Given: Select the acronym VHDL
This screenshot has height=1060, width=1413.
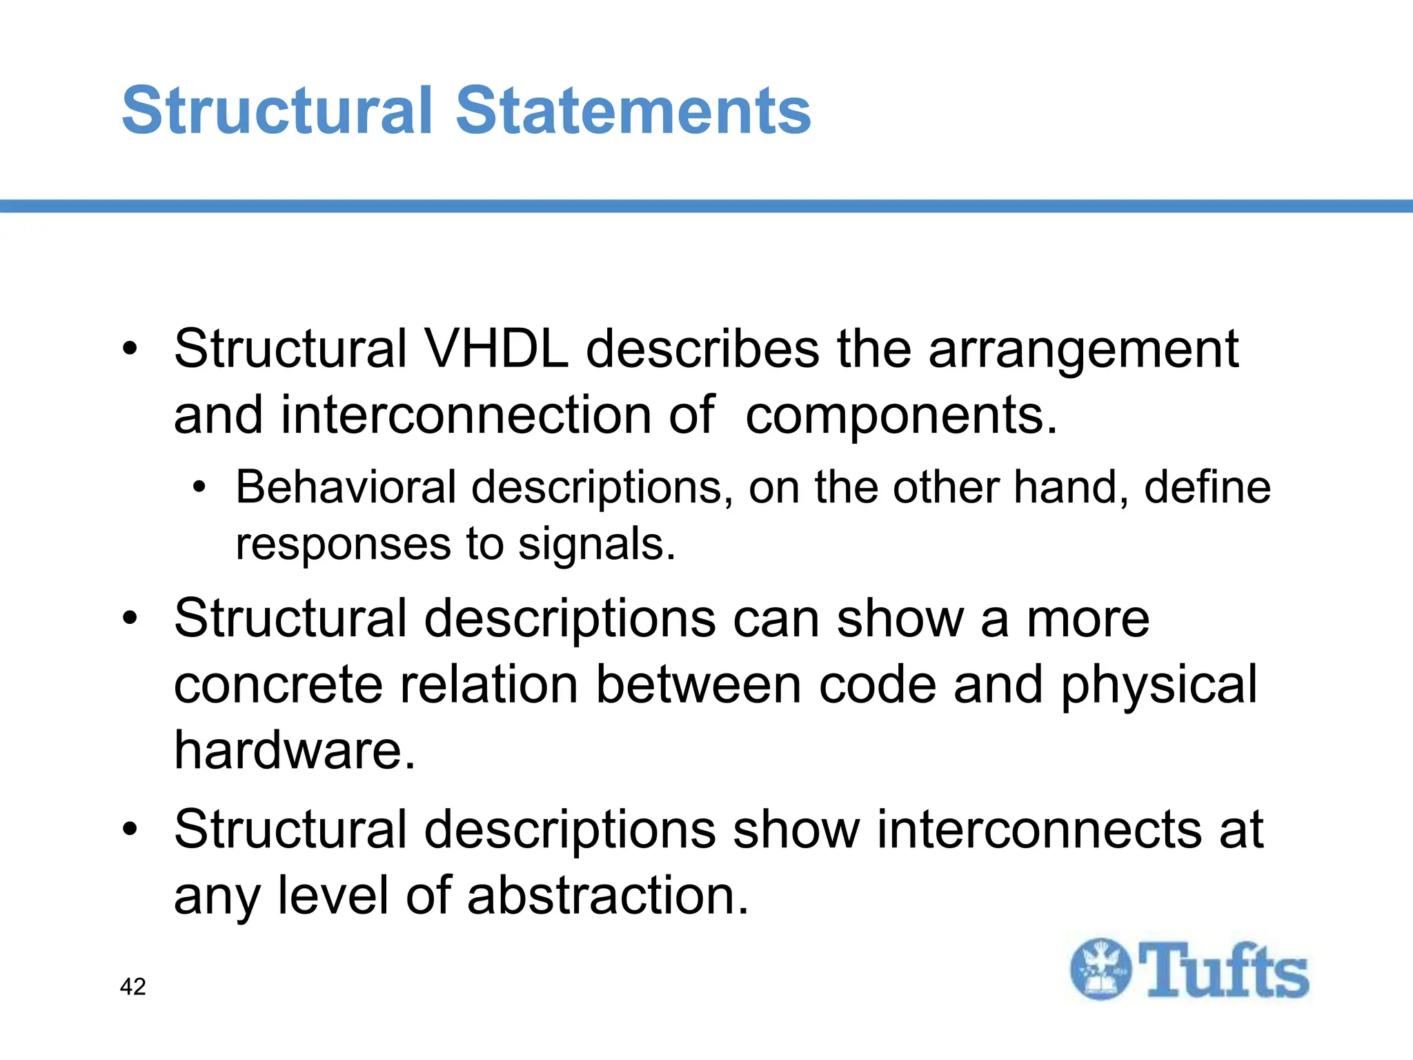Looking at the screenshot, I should tap(497, 349).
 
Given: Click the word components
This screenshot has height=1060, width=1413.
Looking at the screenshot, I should tap(900, 416).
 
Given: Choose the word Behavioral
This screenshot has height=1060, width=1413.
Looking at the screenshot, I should tap(346, 487).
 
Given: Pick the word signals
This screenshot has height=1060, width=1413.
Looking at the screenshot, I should tap(596, 544).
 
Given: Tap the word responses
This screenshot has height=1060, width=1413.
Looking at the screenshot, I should tap(343, 544).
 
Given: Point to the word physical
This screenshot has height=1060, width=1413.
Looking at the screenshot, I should tap(1159, 686).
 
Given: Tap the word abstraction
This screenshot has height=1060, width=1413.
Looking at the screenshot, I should tap(608, 895).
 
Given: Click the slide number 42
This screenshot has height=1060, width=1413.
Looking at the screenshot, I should tap(132, 987).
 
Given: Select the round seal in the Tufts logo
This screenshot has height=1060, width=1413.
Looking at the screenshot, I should tap(1100, 969).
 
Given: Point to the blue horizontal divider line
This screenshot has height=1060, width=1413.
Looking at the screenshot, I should tap(706, 206).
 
